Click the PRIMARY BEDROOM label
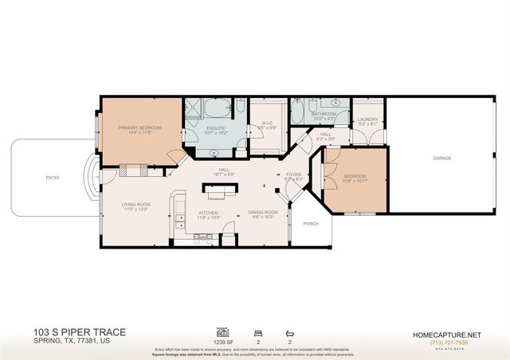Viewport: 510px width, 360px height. [x=139, y=127]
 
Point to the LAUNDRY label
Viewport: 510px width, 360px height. [x=367, y=119]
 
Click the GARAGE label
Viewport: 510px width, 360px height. [x=442, y=158]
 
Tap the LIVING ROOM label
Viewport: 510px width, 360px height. [x=135, y=204]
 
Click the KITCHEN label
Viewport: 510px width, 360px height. [x=209, y=213]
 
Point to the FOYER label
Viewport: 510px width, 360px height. [x=294, y=174]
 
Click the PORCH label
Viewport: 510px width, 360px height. [x=311, y=224]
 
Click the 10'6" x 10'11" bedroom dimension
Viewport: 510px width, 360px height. [x=355, y=182]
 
